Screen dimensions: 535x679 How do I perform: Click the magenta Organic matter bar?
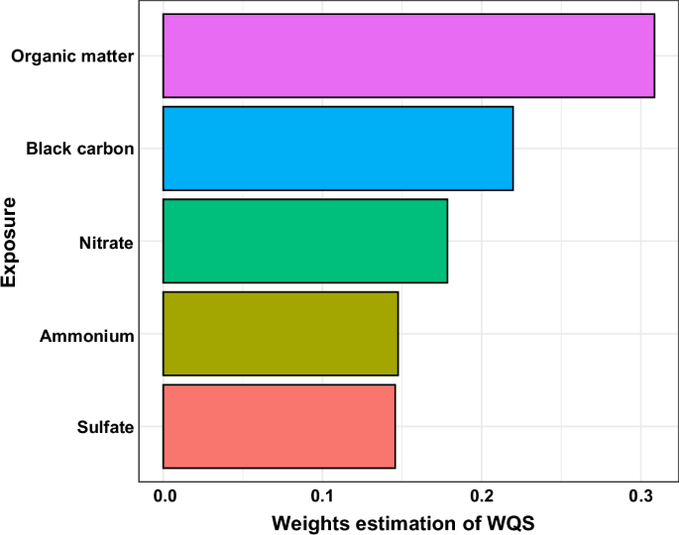click(408, 55)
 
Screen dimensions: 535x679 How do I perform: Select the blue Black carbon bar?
click(338, 149)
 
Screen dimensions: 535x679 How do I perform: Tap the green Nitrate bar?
click(305, 241)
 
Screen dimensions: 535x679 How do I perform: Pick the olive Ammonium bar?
click(281, 334)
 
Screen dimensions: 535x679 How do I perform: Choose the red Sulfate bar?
click(279, 426)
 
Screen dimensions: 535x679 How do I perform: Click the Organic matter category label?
click(72, 56)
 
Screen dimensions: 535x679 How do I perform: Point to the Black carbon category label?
click(79, 150)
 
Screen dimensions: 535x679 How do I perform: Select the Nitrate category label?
click(106, 243)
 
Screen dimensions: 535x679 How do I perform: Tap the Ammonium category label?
click(86, 336)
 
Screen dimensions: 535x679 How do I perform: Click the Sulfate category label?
click(105, 428)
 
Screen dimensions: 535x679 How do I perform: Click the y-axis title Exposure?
click(12, 243)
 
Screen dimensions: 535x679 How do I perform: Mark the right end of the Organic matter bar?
click(654, 55)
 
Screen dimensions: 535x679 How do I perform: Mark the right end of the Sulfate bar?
click(396, 426)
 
